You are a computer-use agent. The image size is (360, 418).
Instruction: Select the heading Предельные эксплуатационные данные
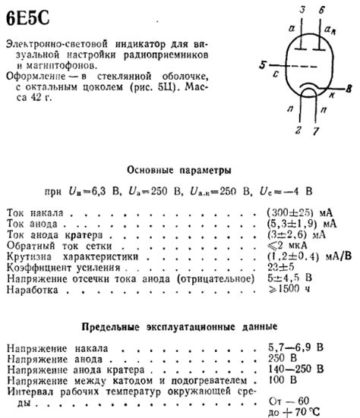pyautogui.click(x=179, y=327)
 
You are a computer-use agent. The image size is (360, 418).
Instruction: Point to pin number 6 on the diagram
pyautogui.click(x=324, y=10)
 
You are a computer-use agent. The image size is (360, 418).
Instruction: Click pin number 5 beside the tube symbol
pyautogui.click(x=263, y=67)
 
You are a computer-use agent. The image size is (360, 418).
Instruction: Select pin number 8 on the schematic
pyautogui.click(x=348, y=90)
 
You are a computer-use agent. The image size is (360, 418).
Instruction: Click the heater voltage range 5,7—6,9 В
pyautogui.click(x=294, y=347)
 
